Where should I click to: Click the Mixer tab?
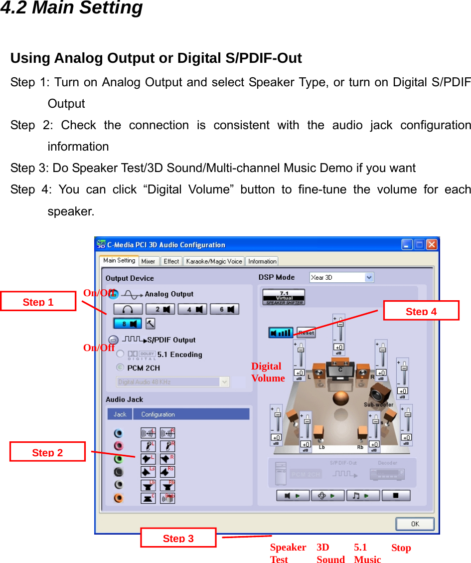(149, 261)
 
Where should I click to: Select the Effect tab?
(171, 261)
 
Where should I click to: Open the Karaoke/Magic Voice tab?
(214, 261)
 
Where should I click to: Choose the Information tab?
(262, 261)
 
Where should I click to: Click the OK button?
(415, 524)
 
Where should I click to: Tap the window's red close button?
(432, 245)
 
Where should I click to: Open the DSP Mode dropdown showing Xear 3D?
(341, 277)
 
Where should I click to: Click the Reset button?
(306, 333)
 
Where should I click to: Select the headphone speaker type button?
(128, 309)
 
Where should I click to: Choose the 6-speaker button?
(224, 309)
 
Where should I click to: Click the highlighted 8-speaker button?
(128, 324)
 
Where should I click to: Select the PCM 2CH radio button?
(120, 368)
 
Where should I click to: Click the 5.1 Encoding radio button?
(120, 354)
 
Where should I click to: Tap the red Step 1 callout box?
(38, 302)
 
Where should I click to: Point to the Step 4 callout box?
(421, 311)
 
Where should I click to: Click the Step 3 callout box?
(178, 538)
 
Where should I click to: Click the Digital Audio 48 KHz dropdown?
(173, 381)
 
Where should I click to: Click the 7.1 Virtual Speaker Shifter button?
(284, 297)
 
